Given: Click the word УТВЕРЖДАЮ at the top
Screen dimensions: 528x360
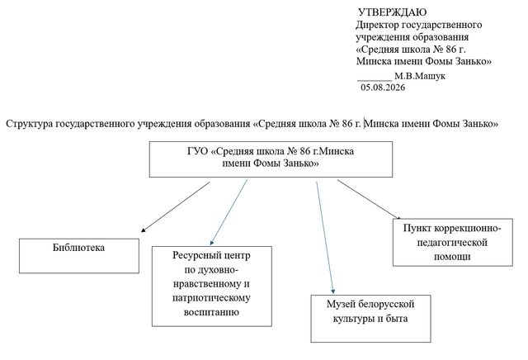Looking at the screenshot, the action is pos(393,12).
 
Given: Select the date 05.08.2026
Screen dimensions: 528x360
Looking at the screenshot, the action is pos(383,88).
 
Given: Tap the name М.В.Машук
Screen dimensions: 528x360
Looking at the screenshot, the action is pos(420,76).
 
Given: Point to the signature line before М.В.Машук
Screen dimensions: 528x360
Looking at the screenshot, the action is pos(374,81).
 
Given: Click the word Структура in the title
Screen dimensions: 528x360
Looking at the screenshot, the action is pos(30,124).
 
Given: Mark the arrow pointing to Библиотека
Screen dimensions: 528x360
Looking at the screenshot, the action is pos(176,207).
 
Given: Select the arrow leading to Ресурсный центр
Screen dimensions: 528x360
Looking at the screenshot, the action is pos(229,212).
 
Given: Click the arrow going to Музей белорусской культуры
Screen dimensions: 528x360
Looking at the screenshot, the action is pos(325,237).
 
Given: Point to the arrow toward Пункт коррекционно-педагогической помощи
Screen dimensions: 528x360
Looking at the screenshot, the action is pos(369,200).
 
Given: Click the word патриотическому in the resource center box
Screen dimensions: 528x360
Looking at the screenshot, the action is pos(211,298).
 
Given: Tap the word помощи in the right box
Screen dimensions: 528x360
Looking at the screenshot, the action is pos(452,257).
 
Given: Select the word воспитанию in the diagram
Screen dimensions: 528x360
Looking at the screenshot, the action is pos(211,312).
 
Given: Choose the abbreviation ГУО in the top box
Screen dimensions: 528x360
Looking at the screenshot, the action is pos(198,151).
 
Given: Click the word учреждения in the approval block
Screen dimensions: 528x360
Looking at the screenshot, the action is pos(383,37).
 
